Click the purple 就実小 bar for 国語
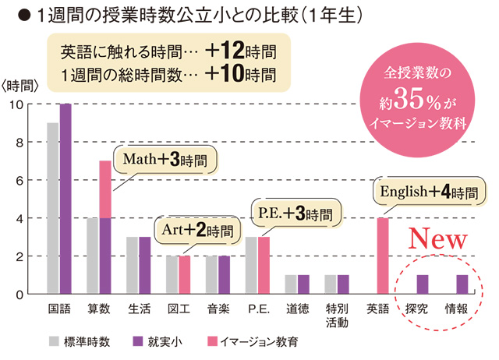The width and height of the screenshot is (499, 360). [x=65, y=199]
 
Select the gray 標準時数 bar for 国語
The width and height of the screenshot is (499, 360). [x=53, y=208]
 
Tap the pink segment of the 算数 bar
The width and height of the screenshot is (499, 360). [x=105, y=189]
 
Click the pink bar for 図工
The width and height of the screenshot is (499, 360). [x=185, y=274]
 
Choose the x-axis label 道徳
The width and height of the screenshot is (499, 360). [x=297, y=309]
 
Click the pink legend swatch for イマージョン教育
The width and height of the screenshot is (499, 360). [x=217, y=341]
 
